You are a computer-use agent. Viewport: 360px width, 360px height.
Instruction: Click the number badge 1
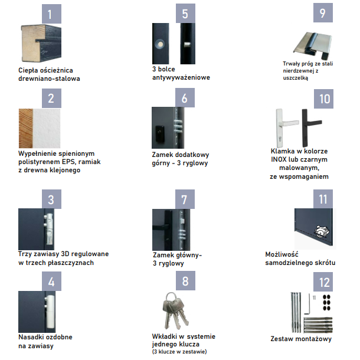click(x=51, y=14)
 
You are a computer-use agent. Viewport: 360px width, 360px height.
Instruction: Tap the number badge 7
click(x=185, y=199)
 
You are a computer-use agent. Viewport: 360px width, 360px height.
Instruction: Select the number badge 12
click(x=323, y=282)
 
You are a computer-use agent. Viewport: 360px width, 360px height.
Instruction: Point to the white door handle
click(x=287, y=127)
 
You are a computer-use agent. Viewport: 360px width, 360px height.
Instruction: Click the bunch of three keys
click(x=175, y=310)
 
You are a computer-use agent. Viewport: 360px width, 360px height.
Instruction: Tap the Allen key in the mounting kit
click(x=307, y=304)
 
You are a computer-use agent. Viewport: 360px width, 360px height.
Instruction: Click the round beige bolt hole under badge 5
click(x=160, y=44)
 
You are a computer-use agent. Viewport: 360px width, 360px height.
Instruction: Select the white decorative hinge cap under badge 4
click(x=50, y=312)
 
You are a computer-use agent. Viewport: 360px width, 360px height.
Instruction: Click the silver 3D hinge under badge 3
click(x=49, y=229)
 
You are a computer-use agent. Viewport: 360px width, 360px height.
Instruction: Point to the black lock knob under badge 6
click(x=160, y=133)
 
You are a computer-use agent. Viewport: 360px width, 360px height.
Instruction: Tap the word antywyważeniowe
click(x=181, y=77)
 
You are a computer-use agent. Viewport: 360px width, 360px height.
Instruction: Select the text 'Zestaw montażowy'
click(x=301, y=339)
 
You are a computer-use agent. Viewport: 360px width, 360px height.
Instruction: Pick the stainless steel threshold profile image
click(x=312, y=45)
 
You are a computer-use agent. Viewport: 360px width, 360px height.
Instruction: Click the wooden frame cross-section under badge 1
click(x=41, y=43)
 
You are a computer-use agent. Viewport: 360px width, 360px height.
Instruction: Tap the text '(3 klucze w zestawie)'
click(x=179, y=352)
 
